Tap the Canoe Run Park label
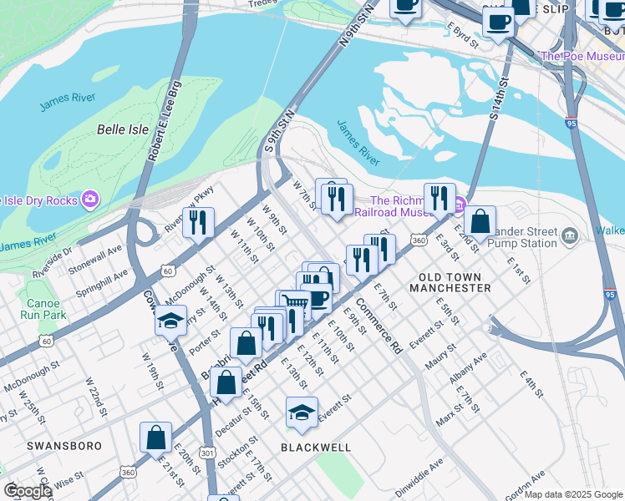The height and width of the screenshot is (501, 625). (43, 309)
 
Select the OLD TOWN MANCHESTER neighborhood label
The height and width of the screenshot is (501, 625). (450, 282)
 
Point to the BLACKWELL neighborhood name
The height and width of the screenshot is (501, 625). (316, 447)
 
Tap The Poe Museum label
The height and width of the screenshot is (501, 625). (583, 56)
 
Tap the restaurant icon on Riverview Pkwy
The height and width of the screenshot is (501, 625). (198, 222)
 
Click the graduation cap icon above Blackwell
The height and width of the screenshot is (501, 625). (302, 412)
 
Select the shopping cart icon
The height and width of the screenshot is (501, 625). (294, 303)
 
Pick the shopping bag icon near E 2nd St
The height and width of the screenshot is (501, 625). (480, 221)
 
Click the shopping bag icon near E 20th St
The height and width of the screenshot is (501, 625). (156, 437)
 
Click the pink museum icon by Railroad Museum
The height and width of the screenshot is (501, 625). (460, 201)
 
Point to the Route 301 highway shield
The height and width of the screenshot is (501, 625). (205, 452)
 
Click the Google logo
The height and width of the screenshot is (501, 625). (28, 491)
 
